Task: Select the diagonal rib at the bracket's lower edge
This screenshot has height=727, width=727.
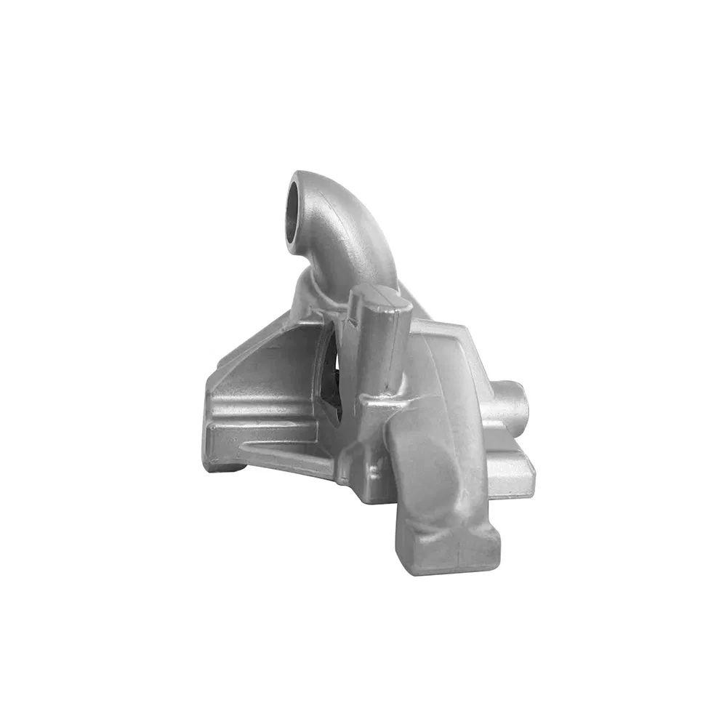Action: tap(291, 465)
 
